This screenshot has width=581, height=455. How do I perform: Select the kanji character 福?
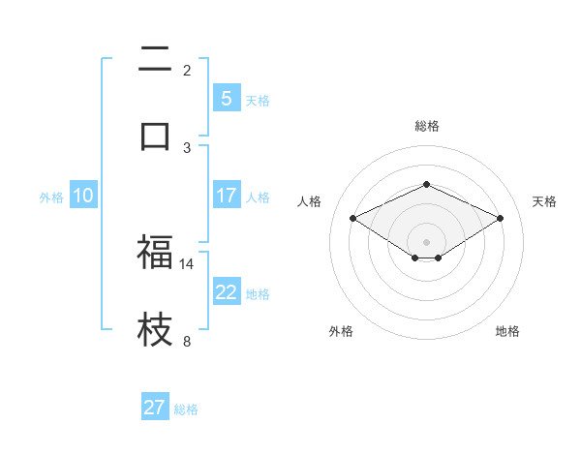[x=155, y=254]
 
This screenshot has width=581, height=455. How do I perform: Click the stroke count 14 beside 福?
[x=187, y=263]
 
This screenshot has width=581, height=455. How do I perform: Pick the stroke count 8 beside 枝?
[x=187, y=341]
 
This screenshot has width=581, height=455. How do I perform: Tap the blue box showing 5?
[x=226, y=99]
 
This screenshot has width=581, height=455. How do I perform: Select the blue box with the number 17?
[x=226, y=196]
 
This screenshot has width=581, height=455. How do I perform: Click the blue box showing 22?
[x=226, y=292]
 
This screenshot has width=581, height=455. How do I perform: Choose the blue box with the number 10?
[x=83, y=196]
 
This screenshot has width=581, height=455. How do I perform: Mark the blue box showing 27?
[x=155, y=408]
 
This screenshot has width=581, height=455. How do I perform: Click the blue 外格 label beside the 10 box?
[x=51, y=197]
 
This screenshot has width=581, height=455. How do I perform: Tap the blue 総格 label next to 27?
[x=186, y=409]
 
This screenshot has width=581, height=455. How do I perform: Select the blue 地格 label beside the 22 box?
[x=258, y=293]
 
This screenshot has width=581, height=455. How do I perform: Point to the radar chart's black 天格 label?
[x=544, y=201]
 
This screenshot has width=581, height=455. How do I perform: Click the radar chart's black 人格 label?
[x=309, y=201]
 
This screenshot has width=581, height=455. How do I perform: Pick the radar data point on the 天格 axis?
[x=500, y=219]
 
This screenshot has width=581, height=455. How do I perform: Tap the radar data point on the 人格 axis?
[x=353, y=219]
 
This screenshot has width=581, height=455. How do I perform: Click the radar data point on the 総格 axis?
[x=426, y=184]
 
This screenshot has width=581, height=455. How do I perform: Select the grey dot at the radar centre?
[x=426, y=241]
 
